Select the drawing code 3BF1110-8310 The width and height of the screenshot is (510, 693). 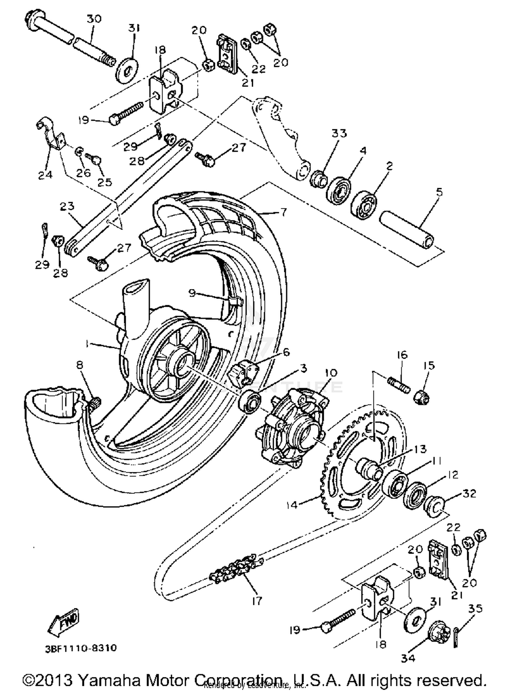[81, 647]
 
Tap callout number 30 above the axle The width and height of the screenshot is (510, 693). [94, 19]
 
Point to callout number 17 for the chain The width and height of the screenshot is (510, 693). [257, 601]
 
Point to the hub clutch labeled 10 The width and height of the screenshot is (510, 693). [292, 425]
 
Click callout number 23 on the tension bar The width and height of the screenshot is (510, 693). [67, 206]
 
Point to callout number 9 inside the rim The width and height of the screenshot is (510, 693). [192, 293]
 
